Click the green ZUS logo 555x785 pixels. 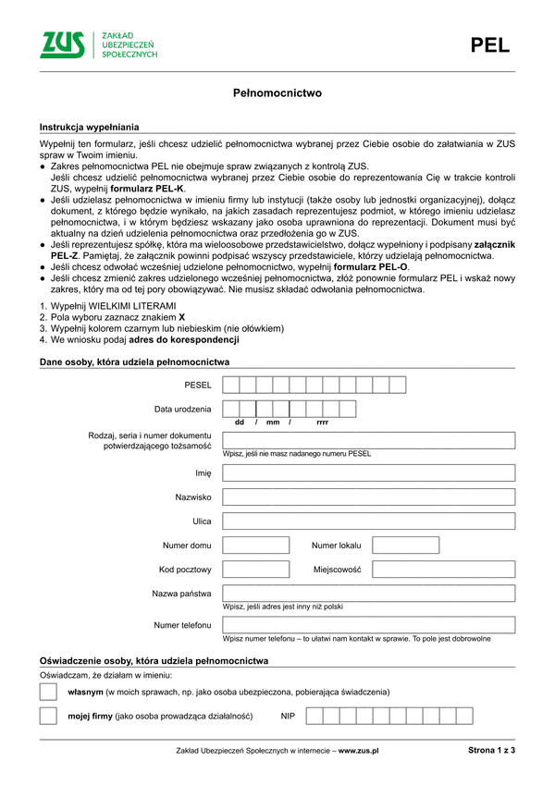coord(62,44)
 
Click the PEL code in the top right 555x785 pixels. coord(489,46)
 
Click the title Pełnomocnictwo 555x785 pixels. coord(277,93)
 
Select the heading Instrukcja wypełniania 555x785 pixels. coord(89,126)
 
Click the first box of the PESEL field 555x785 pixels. coord(231,385)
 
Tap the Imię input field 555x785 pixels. coord(369,472)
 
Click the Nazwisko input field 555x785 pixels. coord(369,497)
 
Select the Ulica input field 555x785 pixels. coord(369,521)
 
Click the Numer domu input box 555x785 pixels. coord(256,545)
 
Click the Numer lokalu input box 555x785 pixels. coord(405,545)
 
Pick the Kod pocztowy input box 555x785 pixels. coord(256,569)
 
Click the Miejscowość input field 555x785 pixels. coord(443,569)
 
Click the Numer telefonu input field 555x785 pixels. coord(369,625)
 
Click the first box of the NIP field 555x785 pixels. coord(314,716)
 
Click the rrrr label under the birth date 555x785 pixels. coord(322,422)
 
